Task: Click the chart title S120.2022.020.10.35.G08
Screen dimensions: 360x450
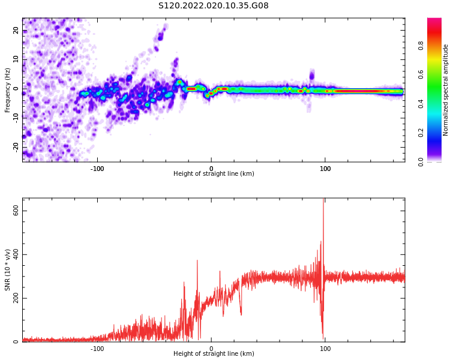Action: [213, 5]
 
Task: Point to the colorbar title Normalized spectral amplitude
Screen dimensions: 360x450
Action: [446, 90]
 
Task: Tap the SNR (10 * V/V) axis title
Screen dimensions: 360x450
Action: [7, 270]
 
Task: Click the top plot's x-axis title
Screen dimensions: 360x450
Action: [214, 174]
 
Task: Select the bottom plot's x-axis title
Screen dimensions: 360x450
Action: [214, 354]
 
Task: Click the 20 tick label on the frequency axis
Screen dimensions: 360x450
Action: [16, 31]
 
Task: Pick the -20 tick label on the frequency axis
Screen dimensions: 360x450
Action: [16, 146]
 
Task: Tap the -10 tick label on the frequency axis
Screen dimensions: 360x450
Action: [16, 118]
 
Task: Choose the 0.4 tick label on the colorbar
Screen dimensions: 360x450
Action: [421, 103]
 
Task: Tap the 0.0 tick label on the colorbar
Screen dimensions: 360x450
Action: [421, 161]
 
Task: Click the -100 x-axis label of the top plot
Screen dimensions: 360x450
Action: [97, 169]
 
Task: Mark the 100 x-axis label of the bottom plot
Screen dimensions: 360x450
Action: [325, 349]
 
